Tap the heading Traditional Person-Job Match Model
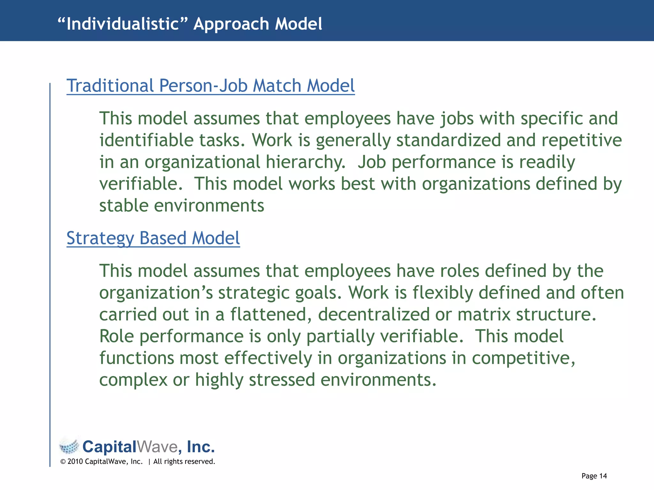click(210, 86)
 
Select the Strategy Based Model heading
click(153, 238)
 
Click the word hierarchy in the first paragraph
click(305, 162)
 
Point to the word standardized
click(448, 140)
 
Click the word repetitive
click(582, 140)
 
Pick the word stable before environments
click(124, 205)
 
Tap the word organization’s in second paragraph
click(156, 293)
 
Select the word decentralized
click(374, 315)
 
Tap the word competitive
click(523, 358)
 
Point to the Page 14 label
click(594, 476)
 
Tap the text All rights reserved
click(184, 462)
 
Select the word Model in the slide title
click(299, 24)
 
